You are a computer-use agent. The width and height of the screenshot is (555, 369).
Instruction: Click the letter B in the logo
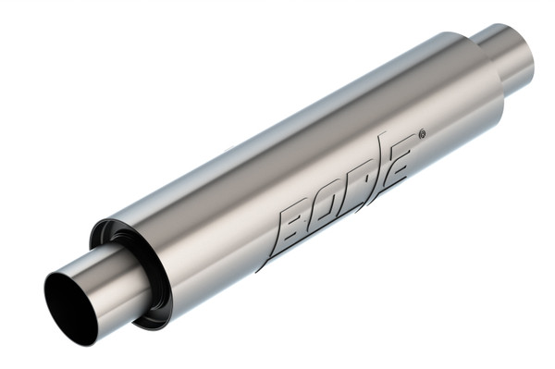pos(294,227)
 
